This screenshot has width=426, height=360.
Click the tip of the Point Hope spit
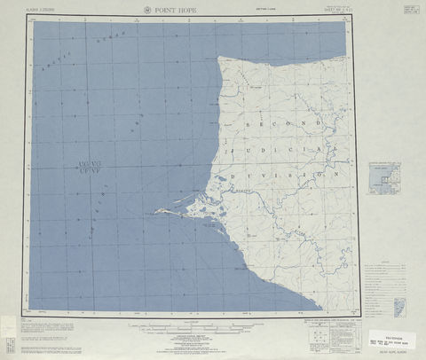coord(156,211)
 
